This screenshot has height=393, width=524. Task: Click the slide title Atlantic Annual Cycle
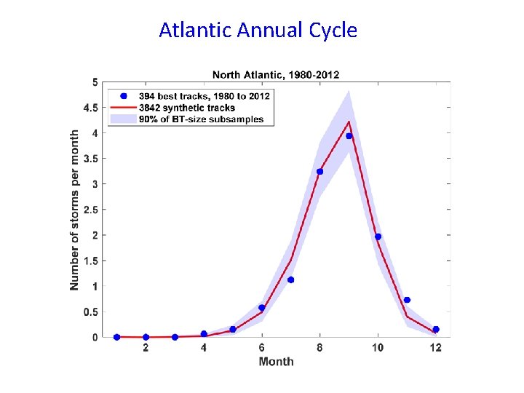click(258, 31)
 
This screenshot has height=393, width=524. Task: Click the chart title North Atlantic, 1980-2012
click(275, 74)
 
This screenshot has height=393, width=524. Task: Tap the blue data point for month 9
click(349, 136)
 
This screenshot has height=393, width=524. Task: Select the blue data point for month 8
click(319, 172)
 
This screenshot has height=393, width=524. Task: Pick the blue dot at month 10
click(378, 237)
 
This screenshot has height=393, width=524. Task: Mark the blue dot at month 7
click(290, 279)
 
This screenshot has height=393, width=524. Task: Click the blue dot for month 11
click(407, 300)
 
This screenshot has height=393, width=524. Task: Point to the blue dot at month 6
click(262, 308)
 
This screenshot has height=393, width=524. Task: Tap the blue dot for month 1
click(116, 337)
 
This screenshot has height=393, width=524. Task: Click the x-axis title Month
click(276, 362)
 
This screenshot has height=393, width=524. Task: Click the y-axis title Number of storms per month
click(75, 210)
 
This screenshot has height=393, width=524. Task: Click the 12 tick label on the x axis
click(435, 348)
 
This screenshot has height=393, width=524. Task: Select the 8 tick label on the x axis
click(319, 348)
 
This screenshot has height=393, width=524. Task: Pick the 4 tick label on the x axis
click(204, 348)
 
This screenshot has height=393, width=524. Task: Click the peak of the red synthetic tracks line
click(349, 122)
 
